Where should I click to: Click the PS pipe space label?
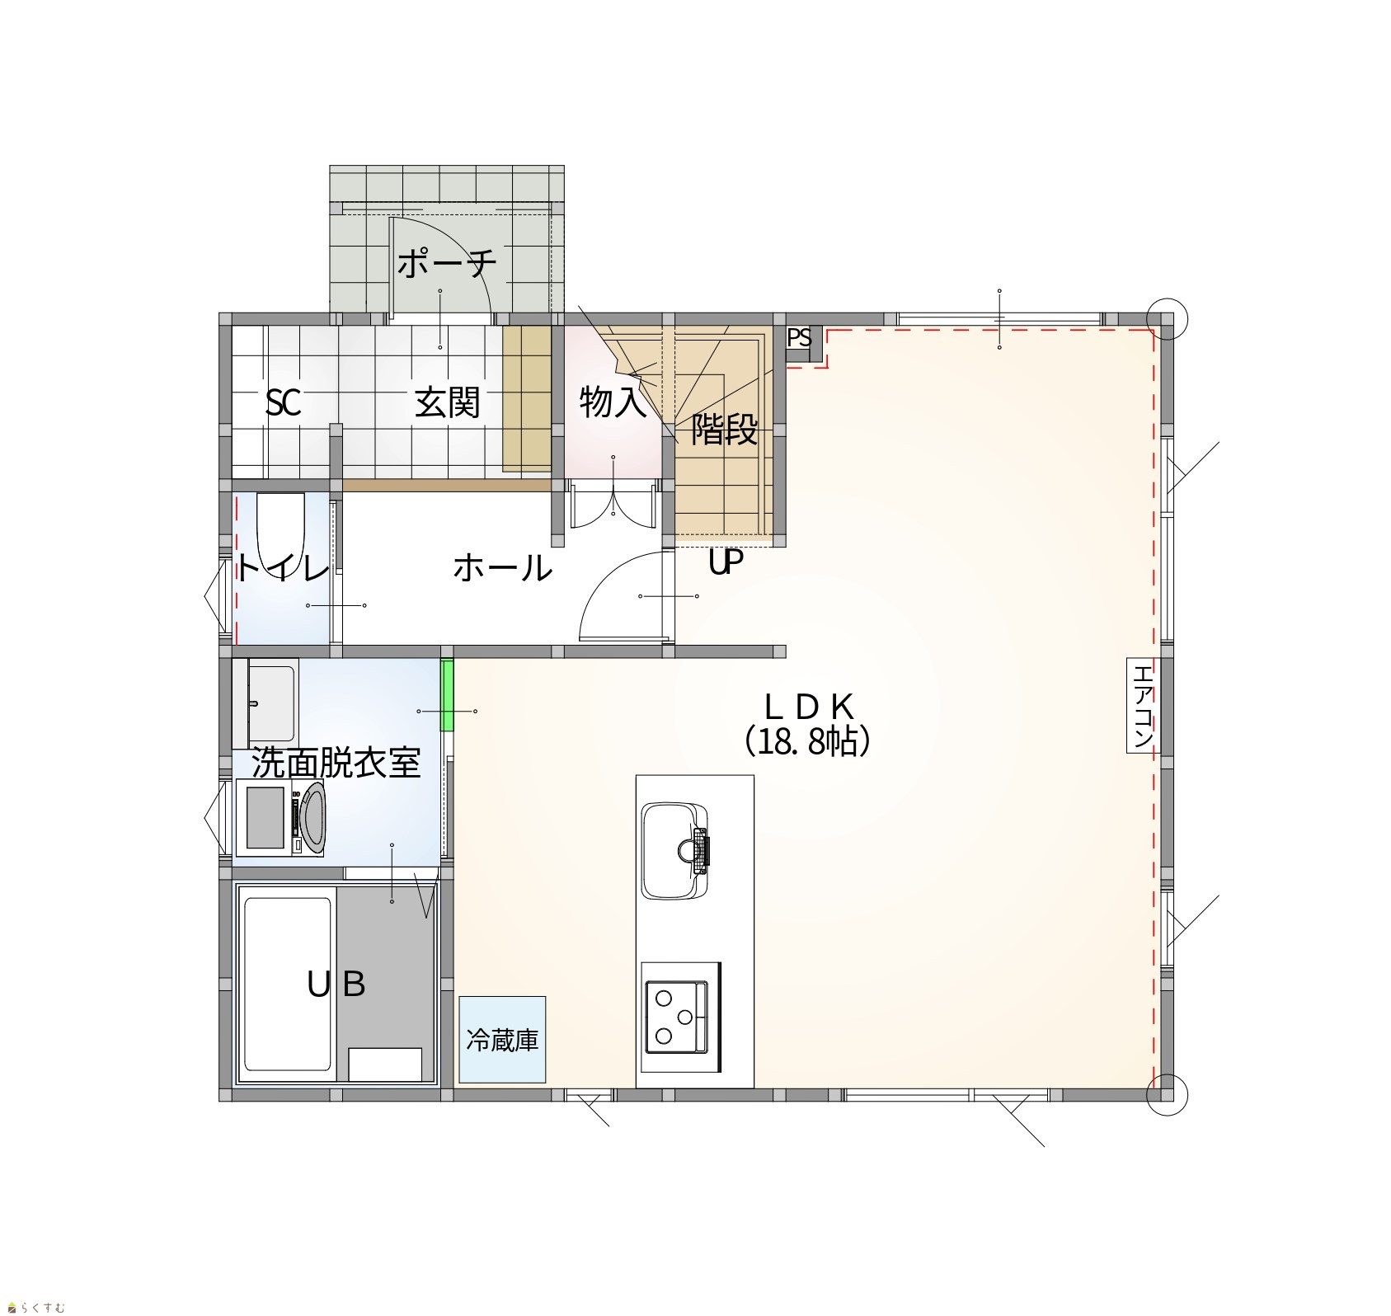pyautogui.click(x=799, y=338)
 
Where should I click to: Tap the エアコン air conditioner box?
pyautogui.click(x=1143, y=706)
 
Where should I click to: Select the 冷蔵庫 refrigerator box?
pyautogui.click(x=503, y=1039)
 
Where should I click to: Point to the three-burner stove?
pyautogui.click(x=676, y=1017)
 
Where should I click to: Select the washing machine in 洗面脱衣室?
pyautogui.click(x=280, y=818)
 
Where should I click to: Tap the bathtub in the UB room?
pyautogui.click(x=288, y=987)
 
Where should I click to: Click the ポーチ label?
pyautogui.click(x=448, y=264)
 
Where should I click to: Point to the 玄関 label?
pyautogui.click(x=448, y=403)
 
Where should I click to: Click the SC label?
pyautogui.click(x=283, y=403)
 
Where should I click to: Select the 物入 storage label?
pyautogui.click(x=613, y=402)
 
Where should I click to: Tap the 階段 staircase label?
pyautogui.click(x=724, y=430)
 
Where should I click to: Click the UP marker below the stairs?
pyautogui.click(x=726, y=563)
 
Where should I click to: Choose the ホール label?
pyautogui.click(x=503, y=568)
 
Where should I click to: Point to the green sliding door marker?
pyautogui.click(x=448, y=695)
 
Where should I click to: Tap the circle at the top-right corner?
pyautogui.click(x=1167, y=315)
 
